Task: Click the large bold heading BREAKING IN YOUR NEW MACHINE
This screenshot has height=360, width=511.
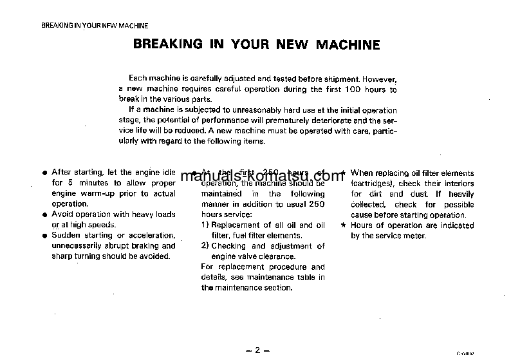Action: click(x=256, y=45)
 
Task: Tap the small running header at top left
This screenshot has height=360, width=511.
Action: click(x=95, y=26)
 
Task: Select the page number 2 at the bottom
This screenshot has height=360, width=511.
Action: click(x=256, y=350)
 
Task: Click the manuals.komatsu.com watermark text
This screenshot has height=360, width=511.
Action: click(x=263, y=176)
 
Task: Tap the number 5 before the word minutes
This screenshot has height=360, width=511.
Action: click(x=70, y=183)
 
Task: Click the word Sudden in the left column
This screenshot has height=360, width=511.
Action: click(x=65, y=235)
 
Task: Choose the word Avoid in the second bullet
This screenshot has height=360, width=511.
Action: click(x=62, y=214)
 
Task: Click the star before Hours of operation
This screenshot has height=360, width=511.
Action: click(x=344, y=225)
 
